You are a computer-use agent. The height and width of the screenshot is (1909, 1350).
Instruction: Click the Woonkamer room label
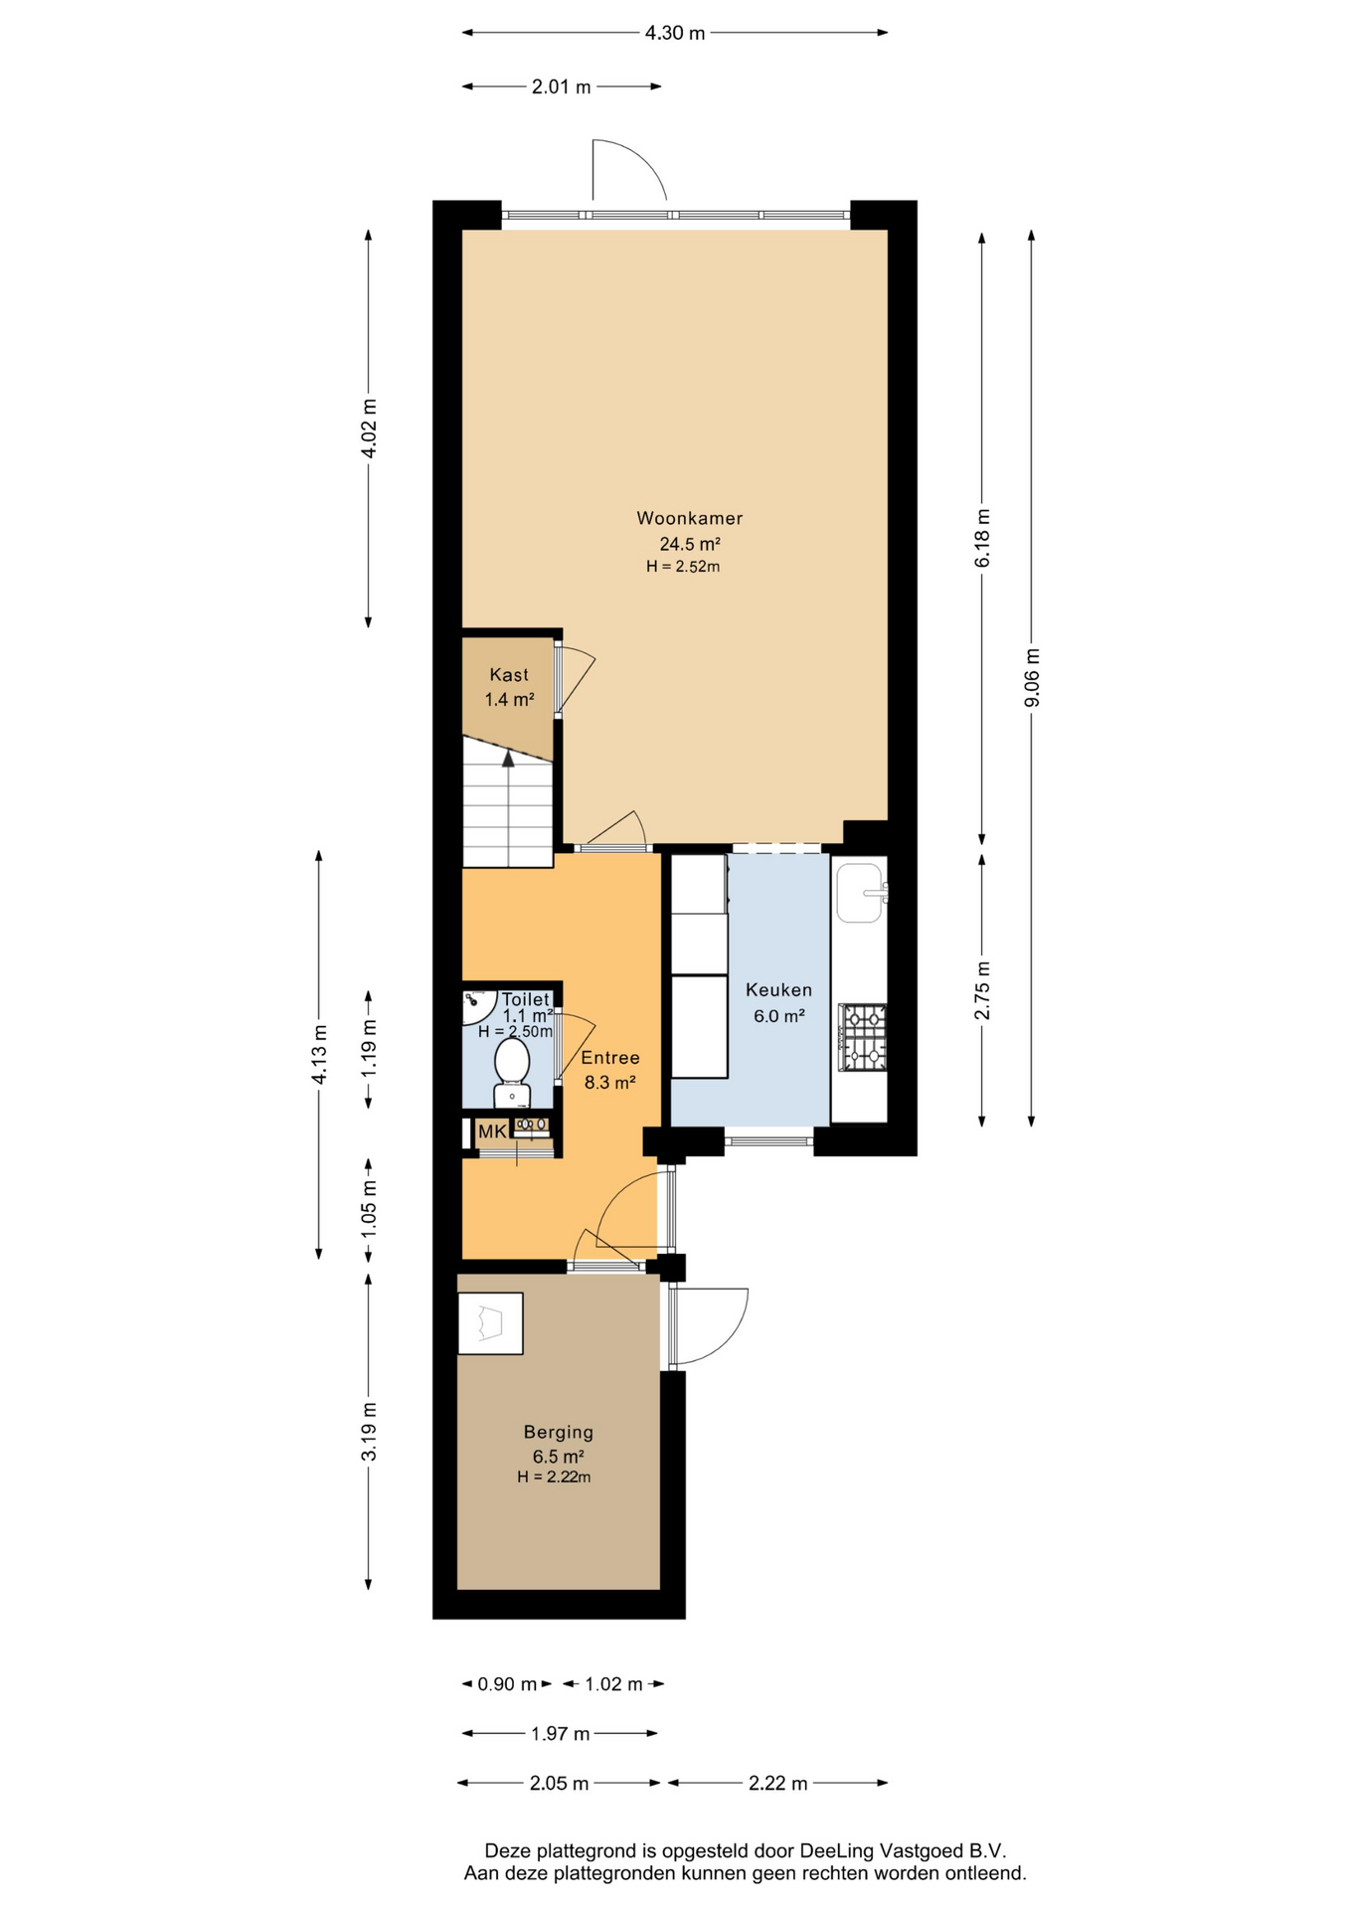tap(689, 518)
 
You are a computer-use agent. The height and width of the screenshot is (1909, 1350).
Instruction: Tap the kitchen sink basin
tap(859, 892)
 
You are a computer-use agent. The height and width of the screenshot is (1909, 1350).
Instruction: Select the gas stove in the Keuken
tap(862, 1037)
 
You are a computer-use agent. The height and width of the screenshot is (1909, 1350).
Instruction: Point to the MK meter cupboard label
tap(492, 1131)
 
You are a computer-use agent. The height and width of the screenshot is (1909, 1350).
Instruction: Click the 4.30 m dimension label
tap(675, 33)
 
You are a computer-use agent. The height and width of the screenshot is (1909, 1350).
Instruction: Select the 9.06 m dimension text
tap(1032, 677)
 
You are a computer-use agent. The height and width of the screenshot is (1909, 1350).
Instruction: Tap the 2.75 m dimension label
tap(982, 990)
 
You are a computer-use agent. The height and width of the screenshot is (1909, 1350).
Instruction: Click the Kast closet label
tap(509, 675)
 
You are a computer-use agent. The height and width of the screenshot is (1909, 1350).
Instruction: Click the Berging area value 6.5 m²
tap(558, 1457)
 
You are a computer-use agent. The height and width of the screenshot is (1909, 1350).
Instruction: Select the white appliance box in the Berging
tap(490, 1323)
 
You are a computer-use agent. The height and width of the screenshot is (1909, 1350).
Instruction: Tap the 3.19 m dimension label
tap(368, 1432)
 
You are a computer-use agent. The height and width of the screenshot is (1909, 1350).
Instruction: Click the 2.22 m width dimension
tap(777, 1783)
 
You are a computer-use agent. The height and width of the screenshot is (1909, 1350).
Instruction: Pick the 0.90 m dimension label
tap(507, 1684)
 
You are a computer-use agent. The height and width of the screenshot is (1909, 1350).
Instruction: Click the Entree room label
tap(610, 1058)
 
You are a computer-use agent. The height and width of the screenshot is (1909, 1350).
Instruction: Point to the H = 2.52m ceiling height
tap(683, 567)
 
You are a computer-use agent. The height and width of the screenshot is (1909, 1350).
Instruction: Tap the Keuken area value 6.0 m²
tap(778, 1015)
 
